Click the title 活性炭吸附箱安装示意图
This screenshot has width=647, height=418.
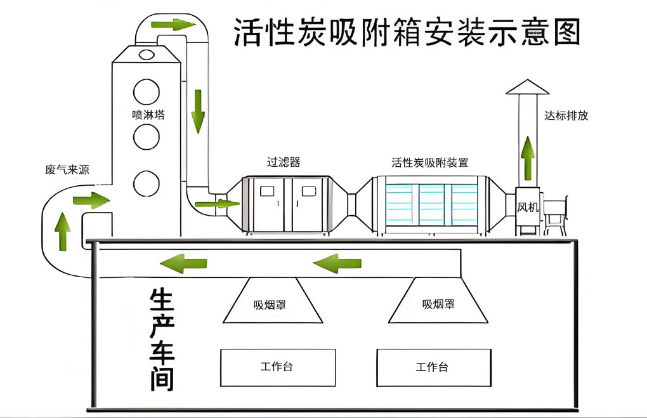tap(407, 32)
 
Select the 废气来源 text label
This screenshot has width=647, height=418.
tap(67, 170)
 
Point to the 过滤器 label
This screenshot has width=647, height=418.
tap(284, 162)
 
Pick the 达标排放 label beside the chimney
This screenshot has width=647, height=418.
tap(566, 116)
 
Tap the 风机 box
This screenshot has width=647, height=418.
tap(528, 207)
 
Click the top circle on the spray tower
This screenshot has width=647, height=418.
tap(147, 91)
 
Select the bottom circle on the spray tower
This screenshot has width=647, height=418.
tap(147, 183)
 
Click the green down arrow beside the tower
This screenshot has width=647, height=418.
tap(199, 111)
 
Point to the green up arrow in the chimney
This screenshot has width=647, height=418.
tap(527, 157)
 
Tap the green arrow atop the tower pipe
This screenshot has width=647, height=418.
tap(172, 25)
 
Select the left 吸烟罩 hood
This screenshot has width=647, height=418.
tap(272, 301)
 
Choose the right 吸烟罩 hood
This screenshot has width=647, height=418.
tap(438, 301)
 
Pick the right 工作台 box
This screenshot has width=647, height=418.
tap(433, 367)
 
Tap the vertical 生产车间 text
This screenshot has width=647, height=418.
tap(162, 339)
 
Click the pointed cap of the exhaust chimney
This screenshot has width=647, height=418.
tap(527, 88)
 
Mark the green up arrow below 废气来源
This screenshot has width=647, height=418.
tap(63, 231)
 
